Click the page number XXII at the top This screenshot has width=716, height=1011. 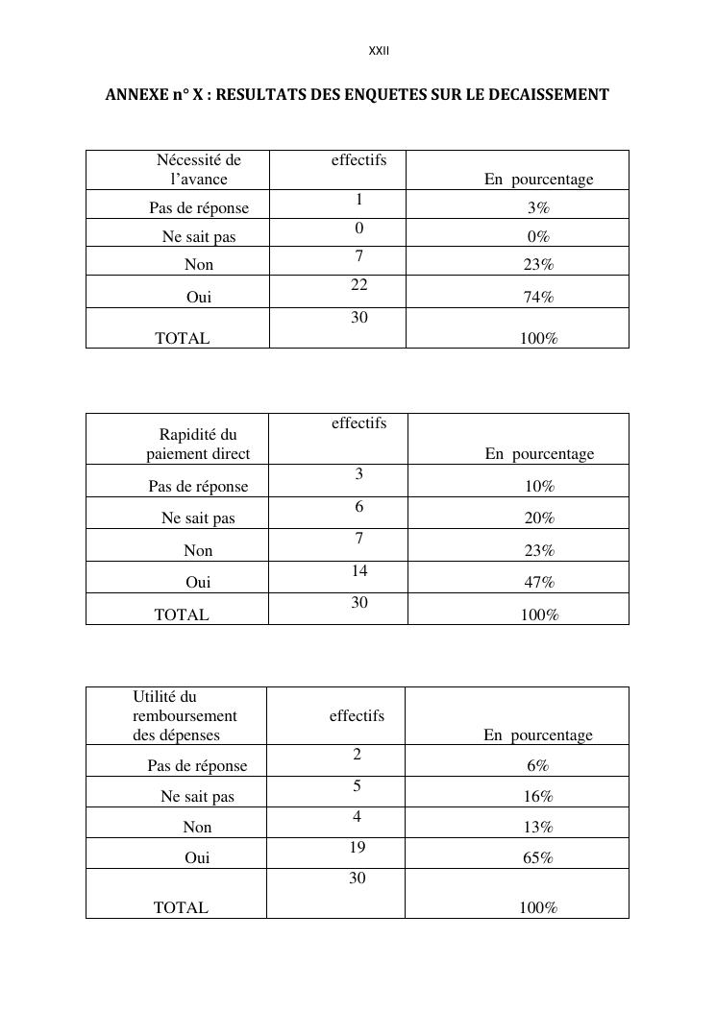[x=379, y=51]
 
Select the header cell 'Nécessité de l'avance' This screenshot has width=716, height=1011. [x=199, y=170]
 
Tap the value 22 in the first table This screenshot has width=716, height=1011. [x=358, y=285]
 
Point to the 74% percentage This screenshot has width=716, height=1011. [x=538, y=298]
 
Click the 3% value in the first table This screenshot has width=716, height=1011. [x=538, y=208]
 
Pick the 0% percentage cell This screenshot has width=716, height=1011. [x=538, y=237]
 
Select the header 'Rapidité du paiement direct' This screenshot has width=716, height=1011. [x=198, y=445]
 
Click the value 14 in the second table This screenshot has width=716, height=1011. [x=358, y=571]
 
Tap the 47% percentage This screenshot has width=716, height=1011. [x=539, y=583]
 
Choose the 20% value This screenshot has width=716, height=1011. [x=539, y=518]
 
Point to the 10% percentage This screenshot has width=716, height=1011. [x=539, y=487]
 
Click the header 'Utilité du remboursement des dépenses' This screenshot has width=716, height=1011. [x=185, y=716]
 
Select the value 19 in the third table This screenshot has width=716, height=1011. [x=357, y=848]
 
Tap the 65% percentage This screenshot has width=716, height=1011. [x=537, y=858]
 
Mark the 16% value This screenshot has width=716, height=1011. [x=538, y=797]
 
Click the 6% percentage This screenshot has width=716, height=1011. [x=537, y=766]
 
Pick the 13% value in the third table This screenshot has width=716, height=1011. [x=538, y=828]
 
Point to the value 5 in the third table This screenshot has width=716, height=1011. [x=357, y=786]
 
